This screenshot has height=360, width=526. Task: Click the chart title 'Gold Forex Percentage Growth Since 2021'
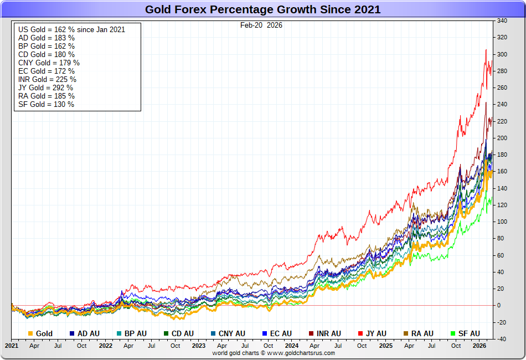click(x=262, y=9)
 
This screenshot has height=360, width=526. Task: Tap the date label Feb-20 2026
click(x=261, y=25)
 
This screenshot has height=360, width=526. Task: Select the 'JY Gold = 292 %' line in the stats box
click(x=45, y=88)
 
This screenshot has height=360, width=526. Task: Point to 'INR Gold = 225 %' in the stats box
click(x=47, y=79)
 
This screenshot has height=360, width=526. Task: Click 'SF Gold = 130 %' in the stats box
click(x=46, y=104)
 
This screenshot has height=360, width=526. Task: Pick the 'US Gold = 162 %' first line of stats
click(x=71, y=29)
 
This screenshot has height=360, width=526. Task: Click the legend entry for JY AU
click(x=372, y=333)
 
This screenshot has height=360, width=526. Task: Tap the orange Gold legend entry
click(x=40, y=333)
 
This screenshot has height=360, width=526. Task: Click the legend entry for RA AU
click(x=419, y=333)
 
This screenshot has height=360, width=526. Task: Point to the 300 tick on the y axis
click(x=502, y=54)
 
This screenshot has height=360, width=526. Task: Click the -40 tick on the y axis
click(x=502, y=339)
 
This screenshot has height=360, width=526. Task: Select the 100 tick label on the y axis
click(x=502, y=222)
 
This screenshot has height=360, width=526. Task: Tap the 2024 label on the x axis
click(x=291, y=346)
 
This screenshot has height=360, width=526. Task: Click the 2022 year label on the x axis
click(x=105, y=346)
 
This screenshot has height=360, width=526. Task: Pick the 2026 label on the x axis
click(x=478, y=346)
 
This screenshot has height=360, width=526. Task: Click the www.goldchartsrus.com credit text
click(x=301, y=353)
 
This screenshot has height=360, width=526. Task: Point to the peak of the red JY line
click(x=486, y=50)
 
